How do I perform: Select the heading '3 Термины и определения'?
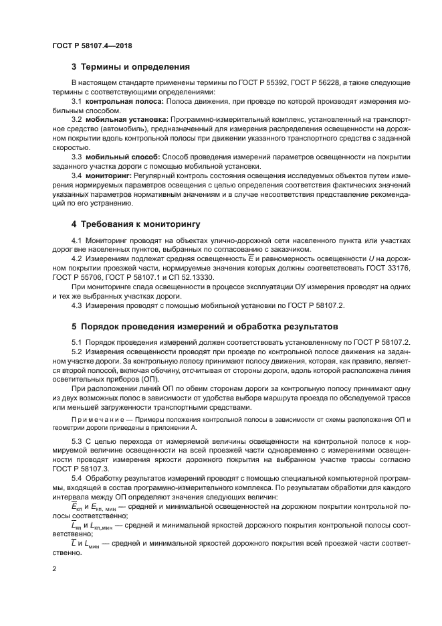point(130,67)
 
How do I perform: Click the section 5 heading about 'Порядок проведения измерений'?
point(201,329)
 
